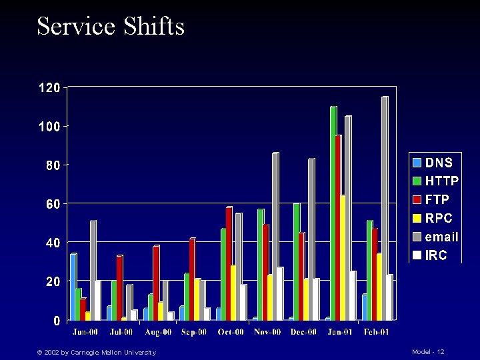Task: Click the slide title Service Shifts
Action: point(111,27)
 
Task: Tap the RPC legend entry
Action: point(433,218)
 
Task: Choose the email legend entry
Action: point(436,237)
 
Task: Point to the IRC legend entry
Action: point(431,255)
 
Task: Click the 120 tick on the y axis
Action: point(49,87)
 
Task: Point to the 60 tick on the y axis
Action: point(52,203)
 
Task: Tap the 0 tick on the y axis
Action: point(57,321)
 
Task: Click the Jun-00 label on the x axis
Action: point(85,332)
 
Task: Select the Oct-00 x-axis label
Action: point(230,332)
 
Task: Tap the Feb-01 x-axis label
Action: point(375,332)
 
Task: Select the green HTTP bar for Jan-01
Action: point(333,213)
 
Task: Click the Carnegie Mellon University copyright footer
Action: point(96,352)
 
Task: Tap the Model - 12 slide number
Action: point(428,351)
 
